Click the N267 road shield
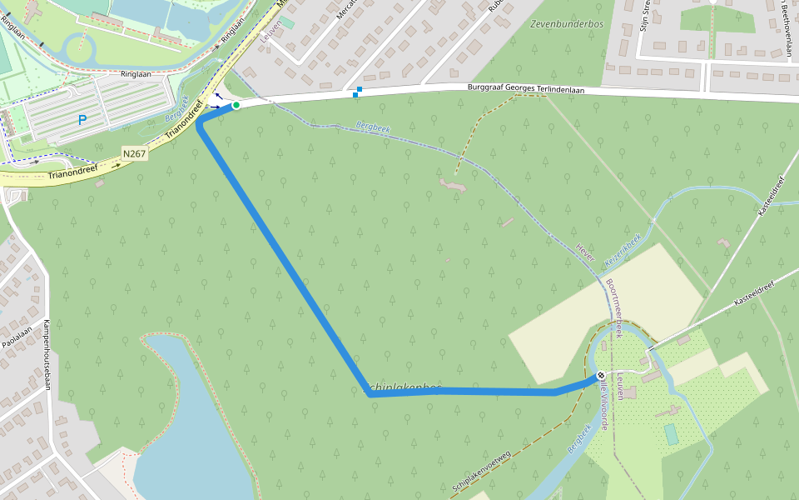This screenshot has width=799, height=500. point(134,153)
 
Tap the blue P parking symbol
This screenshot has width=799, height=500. point(82,120)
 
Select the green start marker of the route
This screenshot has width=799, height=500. point(236,105)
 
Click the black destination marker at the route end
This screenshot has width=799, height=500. point(601,375)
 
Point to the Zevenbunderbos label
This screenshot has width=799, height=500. point(566,24)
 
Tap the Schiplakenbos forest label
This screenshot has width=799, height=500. point(404,387)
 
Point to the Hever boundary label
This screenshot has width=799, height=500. point(586,252)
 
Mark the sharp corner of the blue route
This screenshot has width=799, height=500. point(370,395)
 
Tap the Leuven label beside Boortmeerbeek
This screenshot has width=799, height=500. point(621,386)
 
